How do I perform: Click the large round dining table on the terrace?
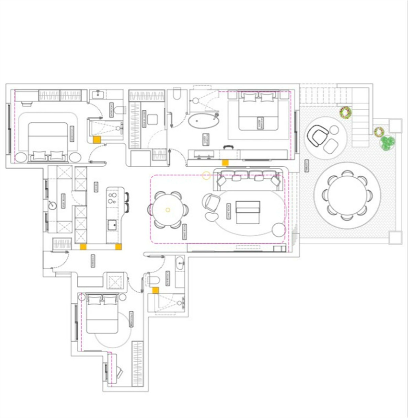click(347, 195)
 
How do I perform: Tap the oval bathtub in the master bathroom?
click(203, 121)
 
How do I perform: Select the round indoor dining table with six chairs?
click(168, 210)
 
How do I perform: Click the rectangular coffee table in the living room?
click(248, 212)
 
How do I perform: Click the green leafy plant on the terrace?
click(387, 142)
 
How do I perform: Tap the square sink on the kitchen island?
click(112, 225)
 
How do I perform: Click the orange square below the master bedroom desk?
click(225, 163)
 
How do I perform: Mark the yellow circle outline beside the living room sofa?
click(206, 175)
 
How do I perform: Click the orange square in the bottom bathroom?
click(155, 290)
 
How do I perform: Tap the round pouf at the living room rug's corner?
click(278, 230)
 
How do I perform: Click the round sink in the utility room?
click(52, 205)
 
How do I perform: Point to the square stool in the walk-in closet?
click(152, 119)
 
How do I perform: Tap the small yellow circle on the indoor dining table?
click(168, 210)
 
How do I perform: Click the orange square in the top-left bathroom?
click(97, 139)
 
